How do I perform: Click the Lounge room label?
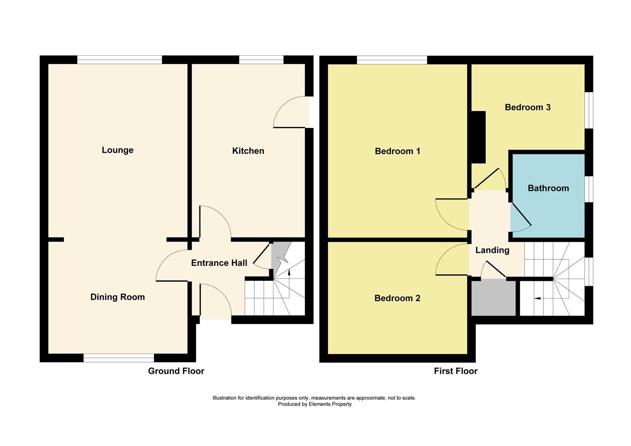point(117,150)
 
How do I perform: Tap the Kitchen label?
point(248,151)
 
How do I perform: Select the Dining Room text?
point(117,297)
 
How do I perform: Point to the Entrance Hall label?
point(219,263)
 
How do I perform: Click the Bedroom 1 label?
point(397,151)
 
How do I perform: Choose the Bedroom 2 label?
point(397,298)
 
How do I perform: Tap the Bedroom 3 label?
point(527,107)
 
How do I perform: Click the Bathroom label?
point(548,188)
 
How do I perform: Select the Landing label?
point(492,250)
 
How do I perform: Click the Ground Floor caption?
point(176,371)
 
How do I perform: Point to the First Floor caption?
point(455,371)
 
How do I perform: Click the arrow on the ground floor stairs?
point(289,272)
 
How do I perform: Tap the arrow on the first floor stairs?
point(538,298)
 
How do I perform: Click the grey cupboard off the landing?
point(493,298)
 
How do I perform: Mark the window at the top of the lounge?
point(119,60)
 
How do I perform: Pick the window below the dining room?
point(119,358)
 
